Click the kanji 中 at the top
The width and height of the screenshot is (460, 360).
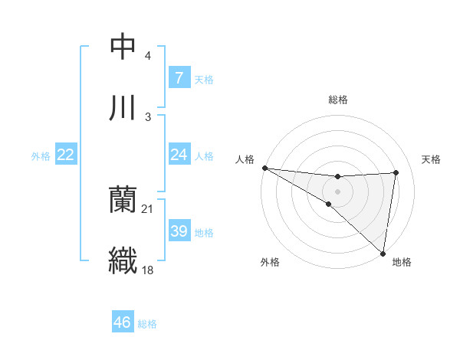point(123,47)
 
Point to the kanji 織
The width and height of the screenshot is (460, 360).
point(123,260)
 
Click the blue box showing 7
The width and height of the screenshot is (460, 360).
point(179,77)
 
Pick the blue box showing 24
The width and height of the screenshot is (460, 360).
point(179,155)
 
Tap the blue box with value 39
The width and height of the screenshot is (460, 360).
point(179,231)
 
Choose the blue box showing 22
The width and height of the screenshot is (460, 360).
point(65,155)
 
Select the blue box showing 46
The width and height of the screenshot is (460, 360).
point(122,322)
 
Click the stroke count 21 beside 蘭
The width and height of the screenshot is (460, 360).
point(148,208)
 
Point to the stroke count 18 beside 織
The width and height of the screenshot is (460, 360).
point(148,269)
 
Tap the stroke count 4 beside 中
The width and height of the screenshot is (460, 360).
point(148,56)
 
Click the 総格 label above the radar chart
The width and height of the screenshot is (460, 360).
point(338,100)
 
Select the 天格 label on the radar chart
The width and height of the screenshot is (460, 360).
point(432,159)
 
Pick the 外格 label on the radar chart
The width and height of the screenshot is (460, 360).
point(270,262)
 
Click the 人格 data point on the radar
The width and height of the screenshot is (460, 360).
point(264,168)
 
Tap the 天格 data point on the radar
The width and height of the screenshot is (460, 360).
point(396,172)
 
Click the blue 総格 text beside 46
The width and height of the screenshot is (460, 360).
point(147,323)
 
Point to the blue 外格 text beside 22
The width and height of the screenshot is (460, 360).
point(41,155)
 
